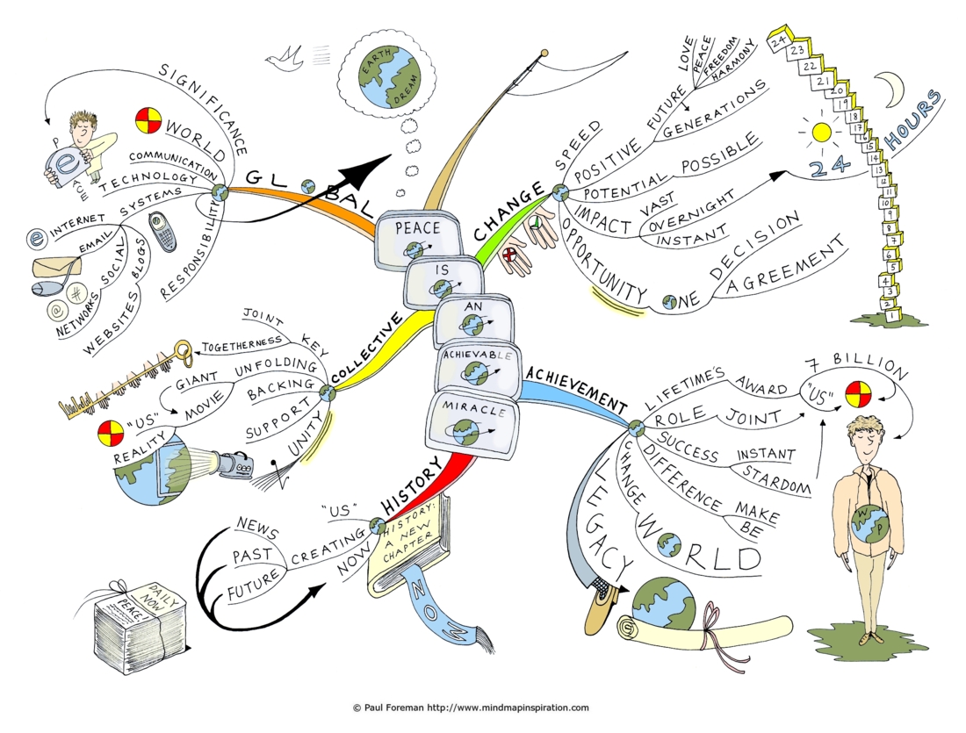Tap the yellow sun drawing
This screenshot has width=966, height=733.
coord(822,133)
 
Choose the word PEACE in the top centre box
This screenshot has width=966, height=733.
coord(418,228)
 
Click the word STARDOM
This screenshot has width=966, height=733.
coord(776,480)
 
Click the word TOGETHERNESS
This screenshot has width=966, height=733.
coord(242,344)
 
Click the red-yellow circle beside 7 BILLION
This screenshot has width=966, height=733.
coord(857,395)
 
